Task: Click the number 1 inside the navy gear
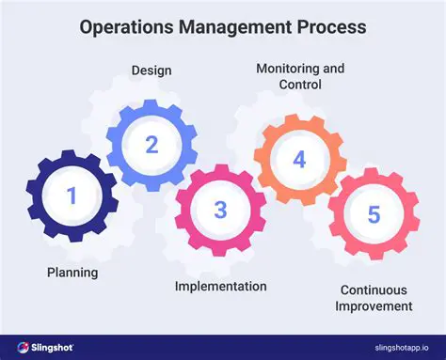click(72, 196)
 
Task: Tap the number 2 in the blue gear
click(150, 145)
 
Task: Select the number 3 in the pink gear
click(220, 209)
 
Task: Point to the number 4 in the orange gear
click(299, 160)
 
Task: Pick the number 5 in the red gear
click(374, 215)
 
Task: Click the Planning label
click(72, 273)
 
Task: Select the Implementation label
click(220, 286)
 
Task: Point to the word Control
click(300, 85)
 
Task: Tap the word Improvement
click(375, 305)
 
